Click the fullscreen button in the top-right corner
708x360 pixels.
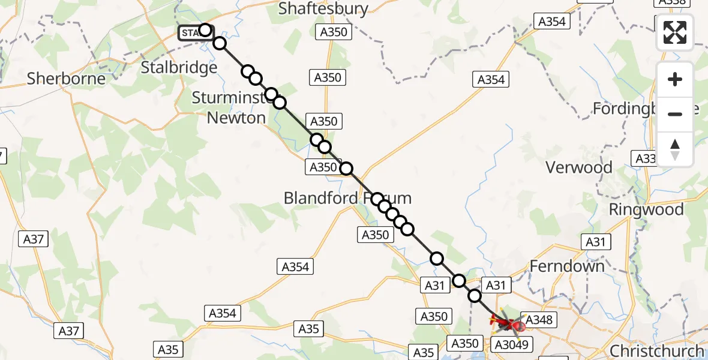point(675,32)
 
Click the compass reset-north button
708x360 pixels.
point(675,149)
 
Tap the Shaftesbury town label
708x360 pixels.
point(323,8)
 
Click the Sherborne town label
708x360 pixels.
point(66,79)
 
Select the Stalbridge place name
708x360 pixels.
point(179,68)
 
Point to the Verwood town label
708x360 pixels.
point(578,167)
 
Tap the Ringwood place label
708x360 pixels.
point(646,209)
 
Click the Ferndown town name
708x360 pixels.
point(567,265)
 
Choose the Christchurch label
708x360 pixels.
point(656,351)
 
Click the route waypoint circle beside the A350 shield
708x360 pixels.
point(346,169)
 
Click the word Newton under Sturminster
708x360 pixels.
point(236,118)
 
